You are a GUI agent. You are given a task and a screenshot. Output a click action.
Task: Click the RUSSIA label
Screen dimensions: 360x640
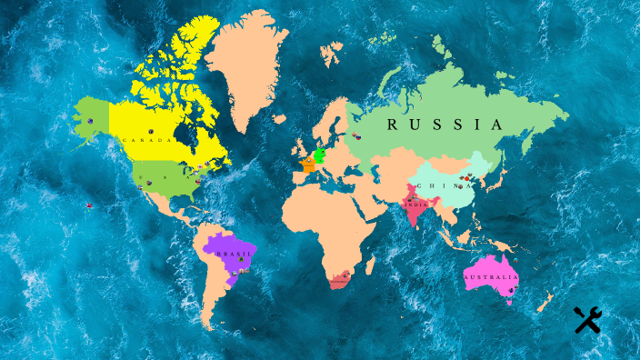[x=445, y=125]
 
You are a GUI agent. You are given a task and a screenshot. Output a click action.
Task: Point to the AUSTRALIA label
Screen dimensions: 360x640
[x=491, y=276]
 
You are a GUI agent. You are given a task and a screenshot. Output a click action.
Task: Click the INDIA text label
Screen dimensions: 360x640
[x=415, y=205]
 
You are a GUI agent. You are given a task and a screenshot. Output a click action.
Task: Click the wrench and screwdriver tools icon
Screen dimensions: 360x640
[x=587, y=319]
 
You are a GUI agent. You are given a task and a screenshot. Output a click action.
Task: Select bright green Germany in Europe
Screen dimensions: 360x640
[x=320, y=155]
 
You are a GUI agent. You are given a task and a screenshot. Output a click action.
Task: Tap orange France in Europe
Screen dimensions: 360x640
[x=309, y=166]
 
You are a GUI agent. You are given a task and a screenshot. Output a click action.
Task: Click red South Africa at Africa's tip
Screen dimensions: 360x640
[x=339, y=281]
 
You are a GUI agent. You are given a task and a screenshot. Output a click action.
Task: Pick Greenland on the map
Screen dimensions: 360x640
[x=244, y=73]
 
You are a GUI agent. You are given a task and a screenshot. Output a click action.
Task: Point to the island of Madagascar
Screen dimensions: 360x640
[x=370, y=265]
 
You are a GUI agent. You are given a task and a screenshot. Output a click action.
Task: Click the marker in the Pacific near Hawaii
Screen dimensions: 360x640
[x=89, y=205]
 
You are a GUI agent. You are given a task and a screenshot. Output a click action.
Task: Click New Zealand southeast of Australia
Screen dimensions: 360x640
[x=545, y=301]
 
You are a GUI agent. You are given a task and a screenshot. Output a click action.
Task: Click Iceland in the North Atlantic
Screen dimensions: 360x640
[x=280, y=119]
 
